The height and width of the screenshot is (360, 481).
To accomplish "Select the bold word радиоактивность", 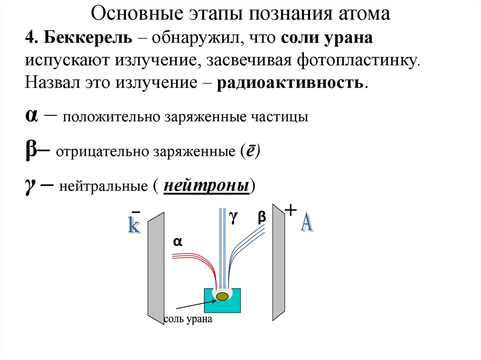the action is [290, 83].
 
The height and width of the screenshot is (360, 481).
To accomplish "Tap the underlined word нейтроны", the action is [206, 186].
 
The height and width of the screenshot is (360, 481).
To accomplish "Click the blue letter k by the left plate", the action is [134, 225].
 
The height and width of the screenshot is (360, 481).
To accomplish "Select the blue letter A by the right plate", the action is [307, 222].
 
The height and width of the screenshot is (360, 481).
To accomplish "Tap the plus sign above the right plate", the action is [291, 210].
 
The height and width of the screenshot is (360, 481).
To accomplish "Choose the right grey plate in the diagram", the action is [279, 263].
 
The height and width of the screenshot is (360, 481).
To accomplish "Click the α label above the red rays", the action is [178, 242].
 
